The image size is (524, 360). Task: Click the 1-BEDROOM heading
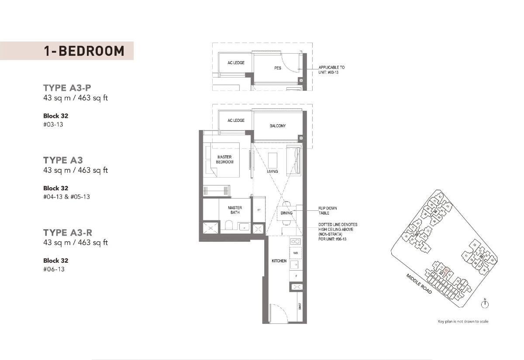point(84,51)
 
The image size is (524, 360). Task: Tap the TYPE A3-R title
point(68,232)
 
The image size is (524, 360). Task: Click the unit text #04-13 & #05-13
point(66,197)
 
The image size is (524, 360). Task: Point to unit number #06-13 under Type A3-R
point(54,269)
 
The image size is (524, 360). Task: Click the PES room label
point(278,68)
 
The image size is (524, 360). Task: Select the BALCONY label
point(278,126)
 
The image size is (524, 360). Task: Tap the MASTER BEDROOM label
point(225,159)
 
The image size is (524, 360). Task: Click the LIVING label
point(272,171)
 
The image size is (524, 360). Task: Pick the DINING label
point(286,213)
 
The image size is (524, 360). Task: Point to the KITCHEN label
point(279,261)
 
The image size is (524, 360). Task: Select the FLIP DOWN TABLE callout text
point(327,211)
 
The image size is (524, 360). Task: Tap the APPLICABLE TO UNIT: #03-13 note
point(331,70)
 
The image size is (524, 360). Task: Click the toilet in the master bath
point(228,226)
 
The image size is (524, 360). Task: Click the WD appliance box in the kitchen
point(296,253)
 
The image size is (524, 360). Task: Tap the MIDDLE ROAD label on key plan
point(419,283)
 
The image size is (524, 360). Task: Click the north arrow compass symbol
point(485,304)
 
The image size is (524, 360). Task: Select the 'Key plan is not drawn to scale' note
point(463,322)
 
